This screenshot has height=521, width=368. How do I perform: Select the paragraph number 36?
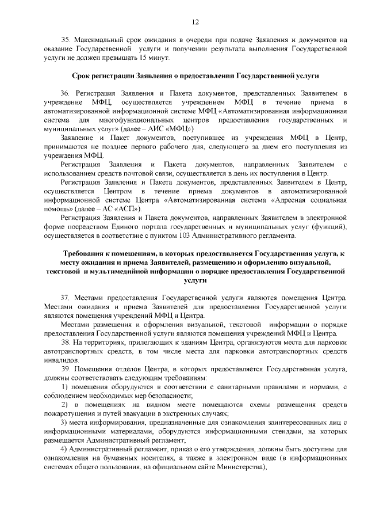65,93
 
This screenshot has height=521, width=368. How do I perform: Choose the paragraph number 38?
65,343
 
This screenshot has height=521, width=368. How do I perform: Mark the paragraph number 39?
65,369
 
